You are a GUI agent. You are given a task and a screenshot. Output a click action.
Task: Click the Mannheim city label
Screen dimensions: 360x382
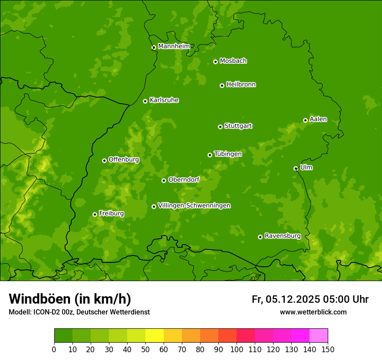pos(174,46)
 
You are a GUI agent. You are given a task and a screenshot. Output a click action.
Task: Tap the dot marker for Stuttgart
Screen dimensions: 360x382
pos(220,127)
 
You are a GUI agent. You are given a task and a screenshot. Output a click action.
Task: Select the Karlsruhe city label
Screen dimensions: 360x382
pos(164,100)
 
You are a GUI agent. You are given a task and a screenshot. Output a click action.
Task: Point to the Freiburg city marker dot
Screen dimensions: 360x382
pos(95,214)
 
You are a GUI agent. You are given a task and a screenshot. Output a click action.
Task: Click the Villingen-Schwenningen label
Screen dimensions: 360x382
pos(194,206)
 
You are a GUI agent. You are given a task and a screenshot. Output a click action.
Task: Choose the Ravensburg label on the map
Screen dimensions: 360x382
pos(283,236)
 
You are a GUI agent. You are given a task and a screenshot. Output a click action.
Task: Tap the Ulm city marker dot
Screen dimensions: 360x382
pos(296,168)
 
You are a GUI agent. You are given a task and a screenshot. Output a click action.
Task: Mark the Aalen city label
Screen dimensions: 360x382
pos(318,119)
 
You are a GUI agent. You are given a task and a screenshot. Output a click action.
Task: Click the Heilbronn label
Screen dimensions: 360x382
pos(241,85)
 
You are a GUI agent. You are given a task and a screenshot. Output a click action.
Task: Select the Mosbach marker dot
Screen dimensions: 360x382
pos(215,62)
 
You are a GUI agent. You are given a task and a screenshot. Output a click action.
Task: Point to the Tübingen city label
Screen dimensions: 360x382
pos(228,154)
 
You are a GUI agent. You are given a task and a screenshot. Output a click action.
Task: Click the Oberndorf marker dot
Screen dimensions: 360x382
pos(164,180)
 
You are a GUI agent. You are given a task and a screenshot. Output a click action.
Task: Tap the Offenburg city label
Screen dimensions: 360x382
pos(124,160)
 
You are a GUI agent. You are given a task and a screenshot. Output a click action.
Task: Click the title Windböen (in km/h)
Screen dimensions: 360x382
pos(70,299)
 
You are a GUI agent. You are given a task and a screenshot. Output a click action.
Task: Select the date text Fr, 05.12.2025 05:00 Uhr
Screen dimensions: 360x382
pos(310,299)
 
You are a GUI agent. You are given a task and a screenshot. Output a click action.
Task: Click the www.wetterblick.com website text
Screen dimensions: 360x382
pos(313,312)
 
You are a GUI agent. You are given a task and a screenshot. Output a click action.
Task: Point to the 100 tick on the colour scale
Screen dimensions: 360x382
pos(237,349)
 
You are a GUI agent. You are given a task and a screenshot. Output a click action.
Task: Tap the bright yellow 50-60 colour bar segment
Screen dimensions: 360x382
pos(155,335)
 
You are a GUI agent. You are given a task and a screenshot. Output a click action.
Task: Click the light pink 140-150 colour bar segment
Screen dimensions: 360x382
pos(319,335)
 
